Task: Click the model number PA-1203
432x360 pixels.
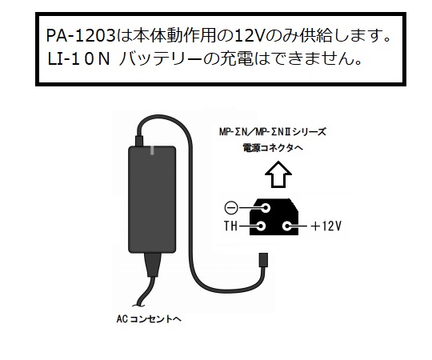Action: [x=81, y=36]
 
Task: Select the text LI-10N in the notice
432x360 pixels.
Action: [x=79, y=59]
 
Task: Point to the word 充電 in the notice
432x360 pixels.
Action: [x=236, y=59]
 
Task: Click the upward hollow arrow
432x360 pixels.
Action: [x=278, y=174]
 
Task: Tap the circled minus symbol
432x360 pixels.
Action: [x=230, y=208]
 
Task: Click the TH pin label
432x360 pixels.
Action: [x=230, y=226]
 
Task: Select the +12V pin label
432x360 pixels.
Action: [x=326, y=226]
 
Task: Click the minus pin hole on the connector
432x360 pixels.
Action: [x=266, y=208]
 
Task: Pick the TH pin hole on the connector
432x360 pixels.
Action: [x=261, y=226]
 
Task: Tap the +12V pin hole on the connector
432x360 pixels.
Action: [x=287, y=226]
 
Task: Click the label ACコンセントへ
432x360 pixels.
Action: [x=149, y=319]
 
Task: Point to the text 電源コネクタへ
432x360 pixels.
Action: [x=273, y=148]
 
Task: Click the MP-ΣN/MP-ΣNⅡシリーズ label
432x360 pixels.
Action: [x=273, y=132]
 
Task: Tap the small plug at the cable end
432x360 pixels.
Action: [x=264, y=260]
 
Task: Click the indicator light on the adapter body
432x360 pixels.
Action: [x=152, y=150]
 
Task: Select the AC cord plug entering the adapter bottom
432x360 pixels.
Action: [x=152, y=265]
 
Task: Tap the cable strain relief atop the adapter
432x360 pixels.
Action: [x=139, y=141]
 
